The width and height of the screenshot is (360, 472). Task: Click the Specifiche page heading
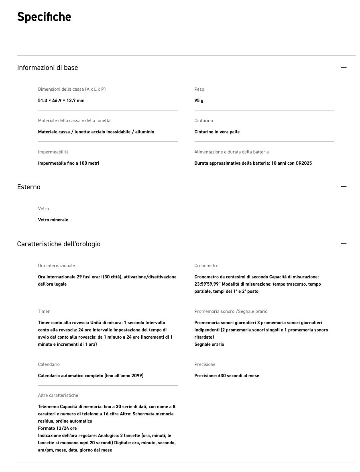click(44, 17)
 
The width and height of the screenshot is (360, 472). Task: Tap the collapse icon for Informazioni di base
click(343, 67)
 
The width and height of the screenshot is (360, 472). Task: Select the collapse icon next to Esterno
click(343, 187)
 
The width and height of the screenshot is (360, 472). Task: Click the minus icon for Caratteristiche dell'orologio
click(343, 244)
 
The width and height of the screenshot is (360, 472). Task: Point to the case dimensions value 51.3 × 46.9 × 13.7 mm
click(61, 100)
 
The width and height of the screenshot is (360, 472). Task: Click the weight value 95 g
click(199, 100)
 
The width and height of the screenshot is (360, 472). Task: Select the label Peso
click(199, 89)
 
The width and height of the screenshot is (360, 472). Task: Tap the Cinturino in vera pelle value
click(217, 132)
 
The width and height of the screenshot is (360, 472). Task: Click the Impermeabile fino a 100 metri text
click(68, 163)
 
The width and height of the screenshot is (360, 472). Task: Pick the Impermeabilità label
click(53, 152)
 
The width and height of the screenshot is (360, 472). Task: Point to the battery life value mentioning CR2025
click(253, 163)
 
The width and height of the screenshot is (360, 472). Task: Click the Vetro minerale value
click(53, 220)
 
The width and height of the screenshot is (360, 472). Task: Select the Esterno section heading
click(28, 187)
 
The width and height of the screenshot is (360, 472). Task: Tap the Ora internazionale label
click(56, 266)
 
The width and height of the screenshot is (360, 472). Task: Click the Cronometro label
click(206, 266)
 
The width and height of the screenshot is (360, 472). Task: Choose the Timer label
click(44, 311)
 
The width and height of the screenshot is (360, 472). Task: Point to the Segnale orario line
click(209, 344)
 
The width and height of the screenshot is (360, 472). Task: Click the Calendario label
click(49, 364)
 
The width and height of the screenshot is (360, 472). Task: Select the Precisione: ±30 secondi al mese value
click(226, 376)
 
